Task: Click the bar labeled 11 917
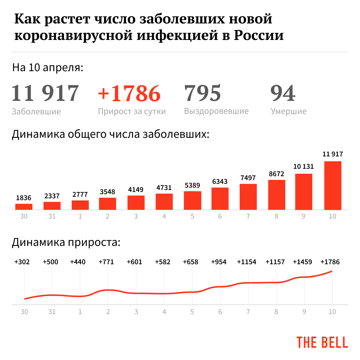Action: coord(333,186)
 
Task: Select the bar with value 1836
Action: coord(24,207)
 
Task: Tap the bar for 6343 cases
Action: coord(220,198)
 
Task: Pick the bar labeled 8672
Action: coord(276,195)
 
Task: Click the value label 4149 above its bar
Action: coord(136,189)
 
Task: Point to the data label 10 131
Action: coord(303,166)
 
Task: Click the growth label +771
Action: coord(106,262)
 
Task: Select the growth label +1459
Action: coord(302,262)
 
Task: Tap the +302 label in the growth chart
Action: coord(22,262)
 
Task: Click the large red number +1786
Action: coord(129,93)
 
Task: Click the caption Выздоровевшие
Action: coord(216,111)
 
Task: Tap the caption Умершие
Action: coord(289,111)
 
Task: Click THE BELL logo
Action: coord(322,342)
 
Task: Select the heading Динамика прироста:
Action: coord(66,242)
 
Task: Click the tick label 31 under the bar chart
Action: coord(52,216)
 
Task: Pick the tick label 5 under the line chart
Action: coord(192,312)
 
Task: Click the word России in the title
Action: coord(259,35)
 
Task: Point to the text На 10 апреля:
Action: coord(48,68)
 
